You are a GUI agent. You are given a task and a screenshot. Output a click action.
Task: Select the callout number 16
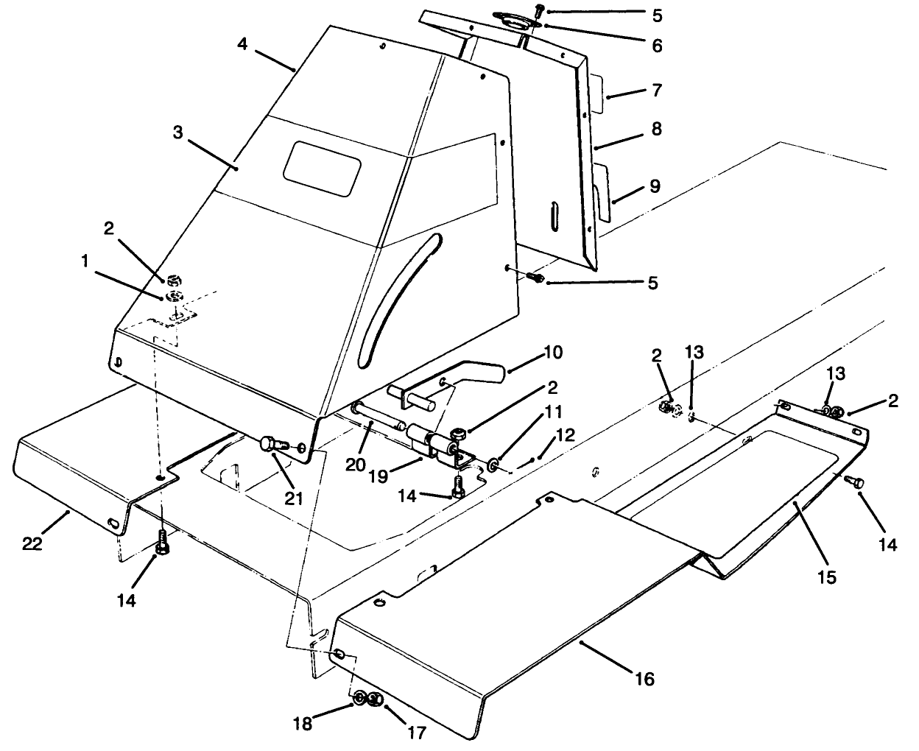click(644, 677)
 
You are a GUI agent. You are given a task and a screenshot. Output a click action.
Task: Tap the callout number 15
click(827, 577)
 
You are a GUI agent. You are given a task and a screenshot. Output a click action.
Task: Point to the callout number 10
click(553, 353)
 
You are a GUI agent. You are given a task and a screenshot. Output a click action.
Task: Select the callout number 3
click(177, 133)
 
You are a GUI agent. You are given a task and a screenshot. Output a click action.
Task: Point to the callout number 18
click(303, 723)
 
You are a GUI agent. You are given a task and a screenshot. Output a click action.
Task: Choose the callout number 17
click(416, 733)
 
